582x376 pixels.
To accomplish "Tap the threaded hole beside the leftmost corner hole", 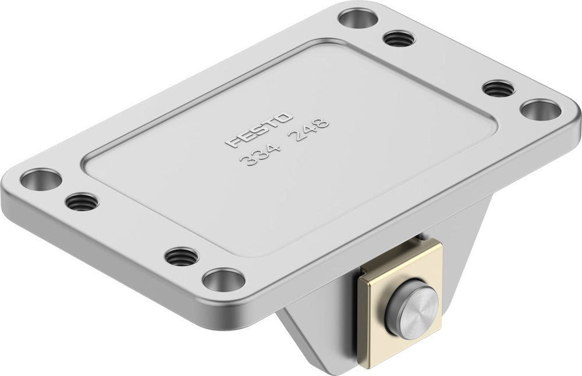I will point(81,202).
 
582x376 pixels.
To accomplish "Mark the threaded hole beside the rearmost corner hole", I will point(398,40).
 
